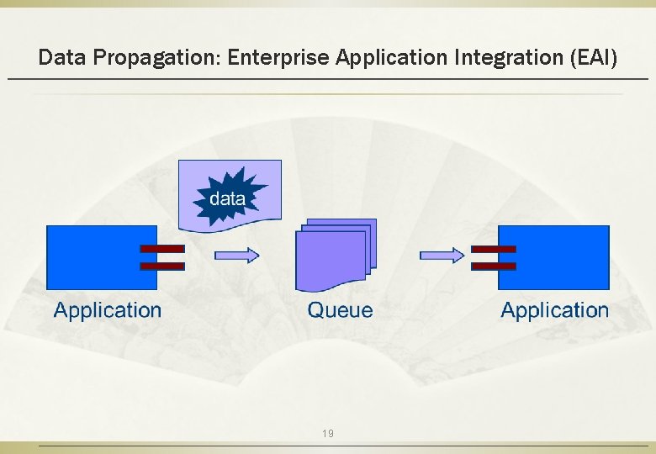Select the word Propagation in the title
(157, 58)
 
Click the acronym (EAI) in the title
(593, 58)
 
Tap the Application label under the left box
(108, 310)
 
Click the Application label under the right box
(555, 310)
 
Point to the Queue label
(340, 310)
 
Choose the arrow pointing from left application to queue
(237, 254)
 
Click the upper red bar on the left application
(161, 249)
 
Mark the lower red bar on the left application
(161, 266)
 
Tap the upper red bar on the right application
(494, 249)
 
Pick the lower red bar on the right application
(494, 266)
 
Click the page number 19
(328, 434)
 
